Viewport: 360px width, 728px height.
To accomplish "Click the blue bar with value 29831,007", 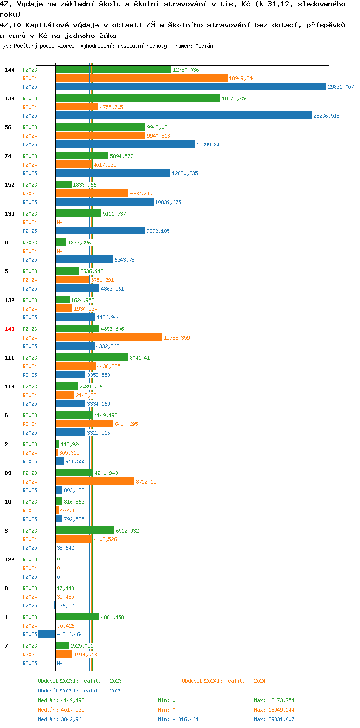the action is (x=191, y=86).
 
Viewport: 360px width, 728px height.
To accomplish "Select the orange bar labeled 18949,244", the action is (x=141, y=78).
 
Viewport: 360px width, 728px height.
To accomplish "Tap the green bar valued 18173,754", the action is (x=138, y=98).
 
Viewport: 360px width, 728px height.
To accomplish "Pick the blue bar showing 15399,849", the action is (x=125, y=144).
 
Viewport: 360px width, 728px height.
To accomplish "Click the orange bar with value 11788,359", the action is (x=109, y=338).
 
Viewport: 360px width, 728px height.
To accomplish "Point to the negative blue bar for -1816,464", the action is (x=47, y=634).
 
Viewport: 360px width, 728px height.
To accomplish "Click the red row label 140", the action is (x=10, y=329).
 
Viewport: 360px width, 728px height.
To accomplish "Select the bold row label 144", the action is (x=10, y=70).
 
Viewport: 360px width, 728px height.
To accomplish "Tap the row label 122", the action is (x=10, y=559).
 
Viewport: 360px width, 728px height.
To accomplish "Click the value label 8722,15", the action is (x=146, y=482).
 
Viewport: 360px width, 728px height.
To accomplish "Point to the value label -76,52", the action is (x=65, y=606).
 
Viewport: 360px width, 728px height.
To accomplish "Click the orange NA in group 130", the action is (x=60, y=222).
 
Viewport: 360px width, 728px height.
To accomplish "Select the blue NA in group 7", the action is (x=60, y=663).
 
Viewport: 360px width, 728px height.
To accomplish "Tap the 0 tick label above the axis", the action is (x=55, y=60).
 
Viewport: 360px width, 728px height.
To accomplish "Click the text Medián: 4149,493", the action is (x=61, y=700).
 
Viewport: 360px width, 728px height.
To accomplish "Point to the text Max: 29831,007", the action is (x=274, y=719).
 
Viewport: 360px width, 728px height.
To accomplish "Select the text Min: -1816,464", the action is (x=178, y=719).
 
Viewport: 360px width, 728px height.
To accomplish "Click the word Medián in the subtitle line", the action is (x=204, y=46).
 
